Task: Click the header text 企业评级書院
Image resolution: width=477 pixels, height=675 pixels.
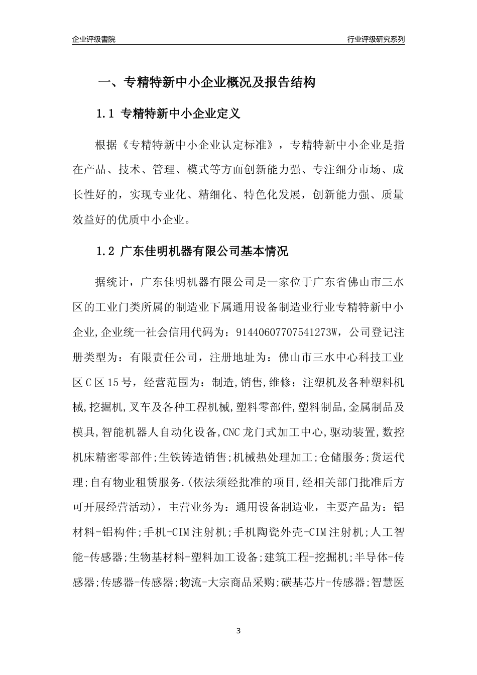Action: [94, 39]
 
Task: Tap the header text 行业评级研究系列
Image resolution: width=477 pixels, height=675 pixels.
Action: [376, 39]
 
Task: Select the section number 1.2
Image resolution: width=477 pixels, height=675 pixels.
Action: [106, 251]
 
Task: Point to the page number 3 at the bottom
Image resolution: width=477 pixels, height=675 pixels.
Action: [238, 631]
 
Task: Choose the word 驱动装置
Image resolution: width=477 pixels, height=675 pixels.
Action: [353, 431]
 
